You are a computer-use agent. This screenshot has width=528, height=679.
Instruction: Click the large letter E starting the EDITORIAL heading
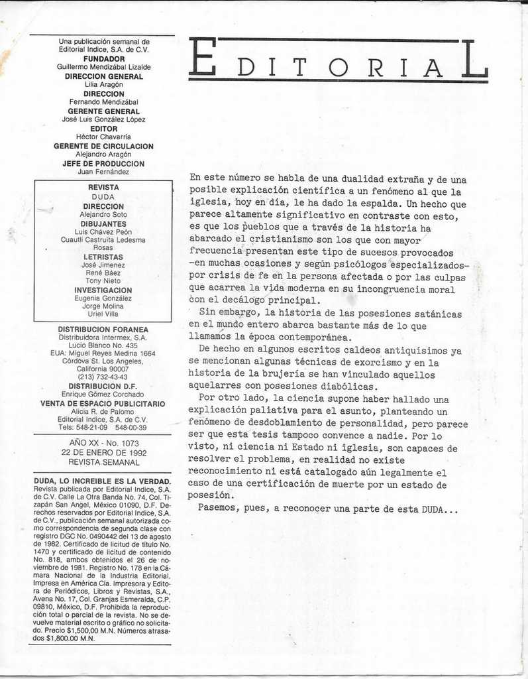click(202, 58)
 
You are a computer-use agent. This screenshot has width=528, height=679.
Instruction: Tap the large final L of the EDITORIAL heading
click(474, 58)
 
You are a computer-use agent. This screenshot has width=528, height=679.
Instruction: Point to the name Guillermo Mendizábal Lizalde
click(103, 67)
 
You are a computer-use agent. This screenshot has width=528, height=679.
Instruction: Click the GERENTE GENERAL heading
click(103, 111)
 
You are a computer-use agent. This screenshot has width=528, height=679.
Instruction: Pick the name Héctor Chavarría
click(103, 137)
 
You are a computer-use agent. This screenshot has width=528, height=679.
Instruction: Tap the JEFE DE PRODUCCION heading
click(103, 163)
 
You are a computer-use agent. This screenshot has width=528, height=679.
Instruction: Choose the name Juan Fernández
click(103, 172)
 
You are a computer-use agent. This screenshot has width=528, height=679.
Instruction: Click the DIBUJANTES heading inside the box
click(103, 223)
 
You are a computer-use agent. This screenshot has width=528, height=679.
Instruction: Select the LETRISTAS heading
click(103, 257)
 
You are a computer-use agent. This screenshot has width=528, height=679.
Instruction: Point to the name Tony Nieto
click(103, 281)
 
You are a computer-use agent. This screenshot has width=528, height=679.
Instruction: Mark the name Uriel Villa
click(103, 314)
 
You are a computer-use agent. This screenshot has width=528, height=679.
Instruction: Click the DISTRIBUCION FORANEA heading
click(103, 329)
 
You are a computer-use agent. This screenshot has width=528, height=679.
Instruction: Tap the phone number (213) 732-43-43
click(103, 377)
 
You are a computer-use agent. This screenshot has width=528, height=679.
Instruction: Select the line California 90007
click(103, 369)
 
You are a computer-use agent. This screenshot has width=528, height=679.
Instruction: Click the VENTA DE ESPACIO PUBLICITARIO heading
click(103, 403)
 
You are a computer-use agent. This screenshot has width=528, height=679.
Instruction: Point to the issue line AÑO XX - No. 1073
click(103, 444)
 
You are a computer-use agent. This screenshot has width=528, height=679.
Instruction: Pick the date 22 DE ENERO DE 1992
click(103, 453)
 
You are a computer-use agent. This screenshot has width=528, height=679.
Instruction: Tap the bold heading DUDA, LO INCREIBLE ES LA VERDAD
click(103, 481)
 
